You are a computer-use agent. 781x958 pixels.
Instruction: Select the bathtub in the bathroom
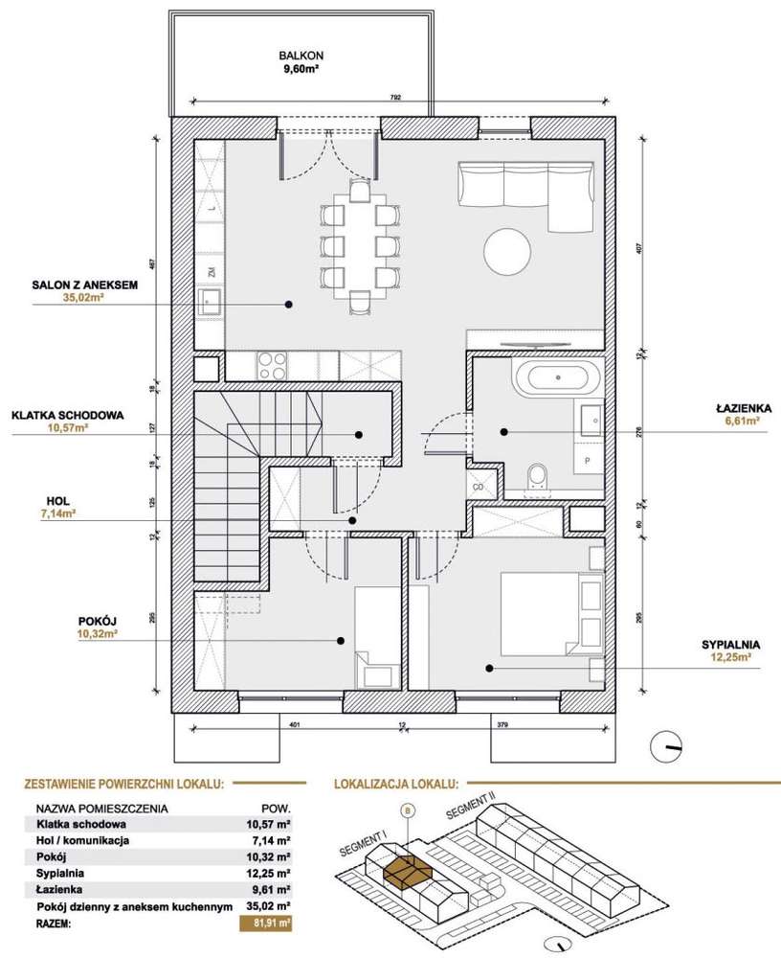(558, 377)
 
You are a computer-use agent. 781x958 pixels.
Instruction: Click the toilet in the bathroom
(538, 475)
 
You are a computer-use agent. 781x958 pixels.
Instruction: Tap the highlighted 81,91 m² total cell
(265, 924)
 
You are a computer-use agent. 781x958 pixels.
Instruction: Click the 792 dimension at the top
(393, 96)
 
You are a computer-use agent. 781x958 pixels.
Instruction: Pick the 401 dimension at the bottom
(294, 724)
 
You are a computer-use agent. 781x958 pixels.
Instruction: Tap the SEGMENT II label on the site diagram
(471, 815)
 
